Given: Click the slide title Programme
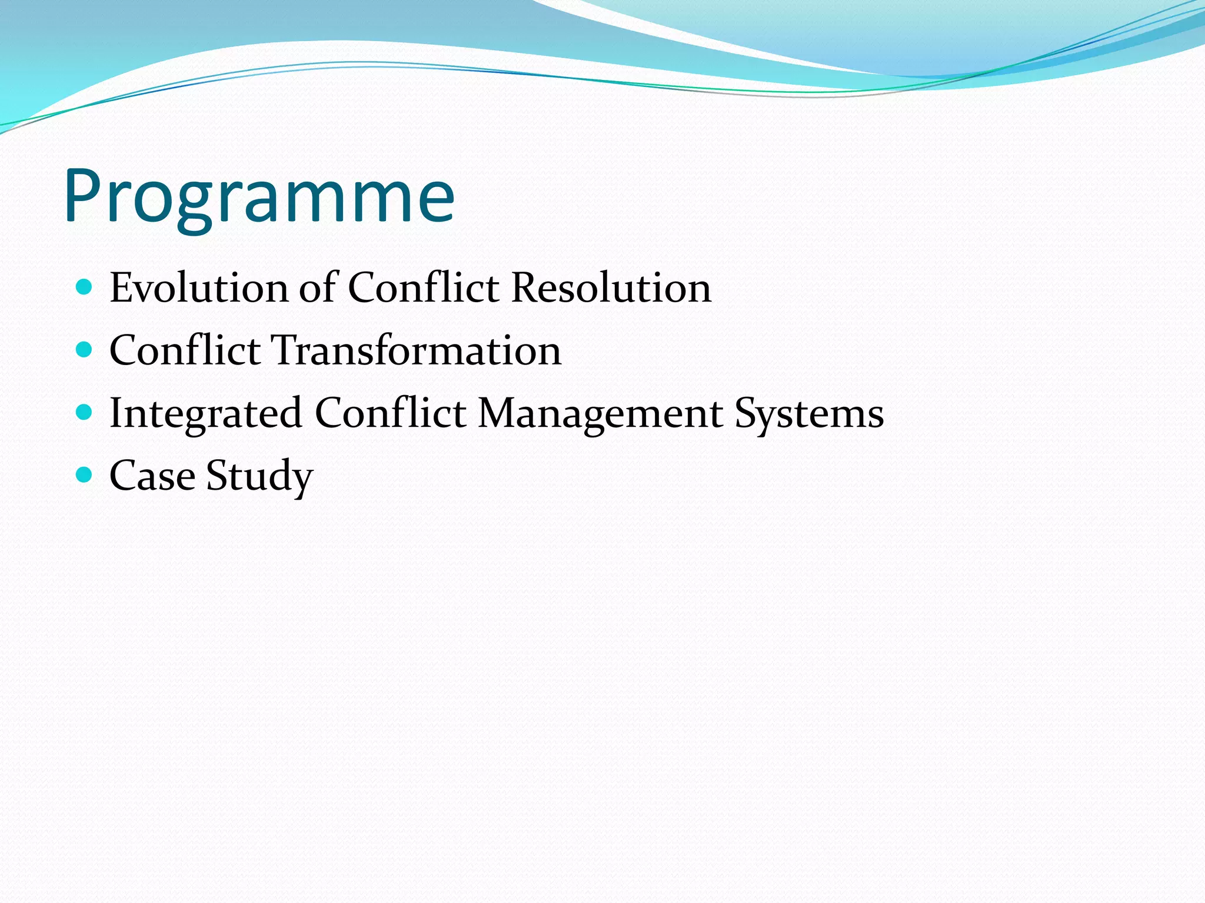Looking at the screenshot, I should point(259,197).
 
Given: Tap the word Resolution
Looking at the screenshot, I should point(611,288).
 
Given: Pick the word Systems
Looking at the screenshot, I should point(809,414).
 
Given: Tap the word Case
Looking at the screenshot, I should point(152,476).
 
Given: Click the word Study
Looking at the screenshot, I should point(259,476).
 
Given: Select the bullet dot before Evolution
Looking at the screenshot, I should point(85,287).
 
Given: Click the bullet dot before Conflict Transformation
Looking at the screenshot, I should point(85,350).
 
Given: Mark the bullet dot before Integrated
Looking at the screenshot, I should point(85,412).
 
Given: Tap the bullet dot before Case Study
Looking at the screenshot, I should point(85,474).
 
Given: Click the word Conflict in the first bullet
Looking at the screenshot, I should point(423,288).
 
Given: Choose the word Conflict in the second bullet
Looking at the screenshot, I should point(185,350).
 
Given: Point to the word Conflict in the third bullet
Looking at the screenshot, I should point(390,413).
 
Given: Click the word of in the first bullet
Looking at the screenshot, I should point(318,288).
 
